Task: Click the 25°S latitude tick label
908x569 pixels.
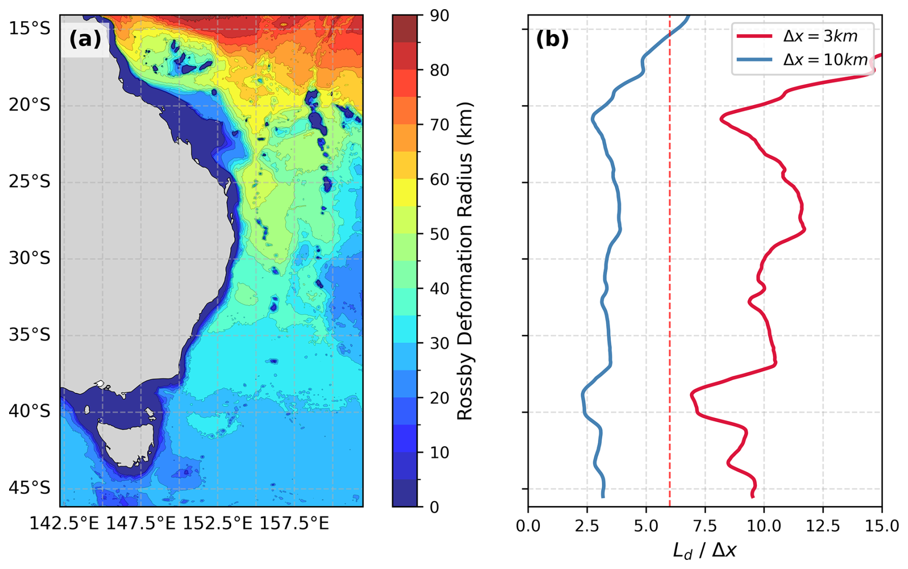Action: point(29,182)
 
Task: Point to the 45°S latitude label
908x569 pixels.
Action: point(29,488)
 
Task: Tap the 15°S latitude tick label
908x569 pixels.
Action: point(29,29)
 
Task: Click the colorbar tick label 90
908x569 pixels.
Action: point(439,15)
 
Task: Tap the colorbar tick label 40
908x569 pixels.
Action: point(439,289)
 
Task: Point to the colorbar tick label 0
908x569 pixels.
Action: point(434,507)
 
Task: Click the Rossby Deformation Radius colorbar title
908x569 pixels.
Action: point(465,261)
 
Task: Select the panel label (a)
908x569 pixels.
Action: point(85,39)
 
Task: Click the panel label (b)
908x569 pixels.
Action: point(552,39)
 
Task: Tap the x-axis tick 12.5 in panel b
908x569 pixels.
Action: point(823,526)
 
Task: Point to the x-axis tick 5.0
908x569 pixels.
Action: point(646,526)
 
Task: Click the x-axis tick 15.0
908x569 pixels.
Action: point(882,526)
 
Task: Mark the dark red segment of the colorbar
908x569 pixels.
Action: point(405,29)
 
